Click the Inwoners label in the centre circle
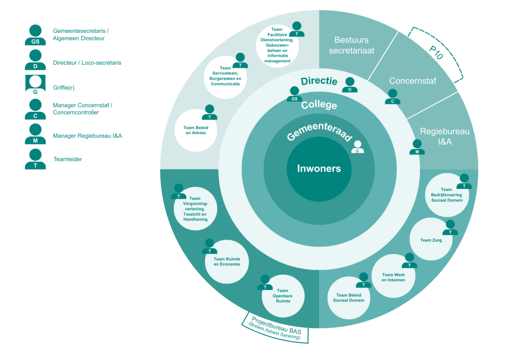click(319, 168)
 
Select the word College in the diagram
click(319, 105)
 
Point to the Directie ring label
click(319, 82)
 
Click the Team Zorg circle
click(430, 240)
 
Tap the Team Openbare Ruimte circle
click(282, 296)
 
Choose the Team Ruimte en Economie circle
click(227, 262)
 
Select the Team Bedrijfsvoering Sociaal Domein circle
click(446, 194)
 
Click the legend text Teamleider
click(68, 160)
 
